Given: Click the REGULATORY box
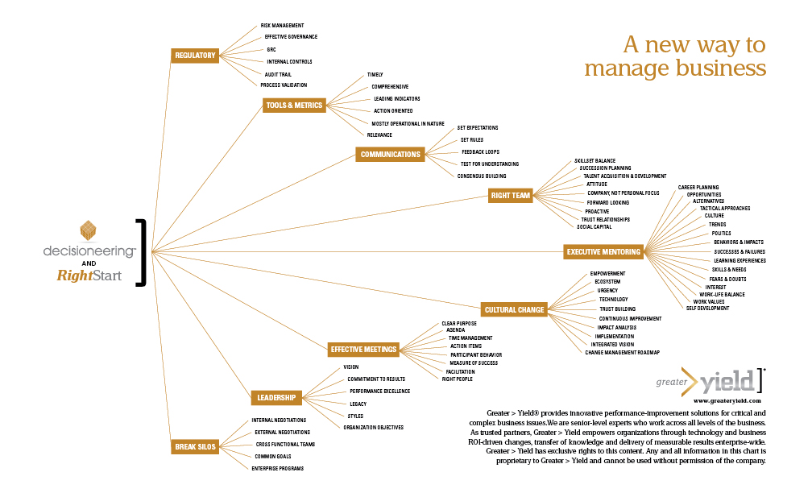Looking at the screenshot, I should [195, 56].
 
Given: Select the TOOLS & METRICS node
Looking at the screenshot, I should [294, 105].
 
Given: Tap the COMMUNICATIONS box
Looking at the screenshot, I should [390, 154].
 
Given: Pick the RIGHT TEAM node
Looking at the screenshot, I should [511, 195].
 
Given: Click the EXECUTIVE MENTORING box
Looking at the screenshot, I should [603, 252].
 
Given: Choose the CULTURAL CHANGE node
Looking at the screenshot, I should [514, 309].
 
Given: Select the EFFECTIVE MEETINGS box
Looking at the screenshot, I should [363, 350].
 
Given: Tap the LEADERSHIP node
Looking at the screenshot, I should [276, 397].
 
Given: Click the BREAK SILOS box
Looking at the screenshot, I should [194, 446].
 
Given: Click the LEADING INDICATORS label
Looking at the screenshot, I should [397, 98].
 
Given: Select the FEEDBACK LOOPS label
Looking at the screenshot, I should [482, 151].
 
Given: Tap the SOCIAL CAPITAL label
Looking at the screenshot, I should [594, 226].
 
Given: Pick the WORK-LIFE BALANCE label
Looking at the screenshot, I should [722, 294].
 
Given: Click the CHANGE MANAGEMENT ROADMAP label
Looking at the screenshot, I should [622, 352].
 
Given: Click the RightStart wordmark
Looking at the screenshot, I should [89, 275].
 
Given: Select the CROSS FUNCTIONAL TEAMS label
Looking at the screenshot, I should [285, 444].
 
